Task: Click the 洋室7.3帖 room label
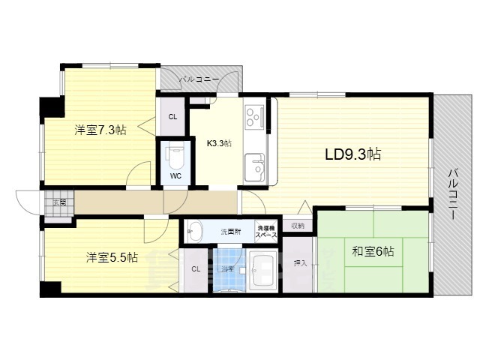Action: [x=99, y=130]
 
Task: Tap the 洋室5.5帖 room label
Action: [x=111, y=257]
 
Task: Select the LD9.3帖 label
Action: [x=352, y=154]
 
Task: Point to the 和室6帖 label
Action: [x=373, y=252]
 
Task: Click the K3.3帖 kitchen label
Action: [x=219, y=143]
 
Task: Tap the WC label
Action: [x=175, y=176]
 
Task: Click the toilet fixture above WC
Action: [x=175, y=155]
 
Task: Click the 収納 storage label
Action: [x=298, y=226]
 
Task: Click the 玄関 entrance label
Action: [x=59, y=202]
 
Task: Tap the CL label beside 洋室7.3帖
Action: [x=172, y=116]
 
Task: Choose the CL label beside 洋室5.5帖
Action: [x=195, y=268]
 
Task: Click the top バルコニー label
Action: [x=199, y=79]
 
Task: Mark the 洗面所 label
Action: [x=230, y=231]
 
